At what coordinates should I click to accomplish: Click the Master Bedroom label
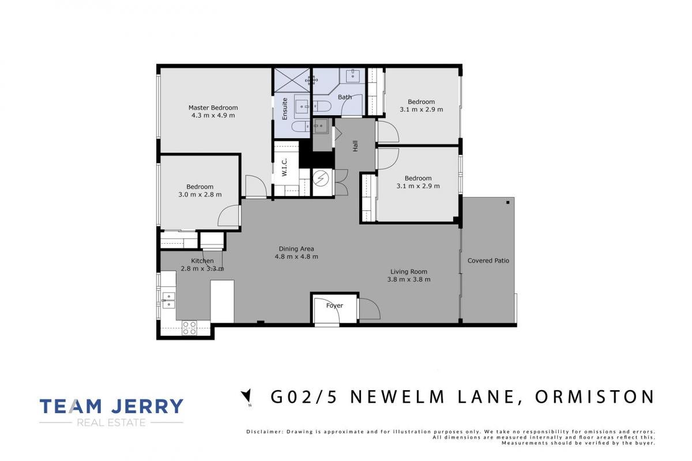[x=213, y=108]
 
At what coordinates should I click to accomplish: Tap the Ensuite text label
[x=284, y=109]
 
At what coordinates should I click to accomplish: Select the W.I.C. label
[x=284, y=167]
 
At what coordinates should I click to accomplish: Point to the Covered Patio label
[x=488, y=260]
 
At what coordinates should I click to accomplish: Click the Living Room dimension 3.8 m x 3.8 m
[x=409, y=279]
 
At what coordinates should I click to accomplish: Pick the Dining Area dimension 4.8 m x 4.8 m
[x=296, y=256]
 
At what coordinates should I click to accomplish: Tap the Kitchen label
[x=202, y=261]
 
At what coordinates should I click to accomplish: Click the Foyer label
[x=334, y=305]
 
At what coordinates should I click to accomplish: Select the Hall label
[x=355, y=146]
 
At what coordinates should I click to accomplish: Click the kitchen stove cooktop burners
[x=189, y=328]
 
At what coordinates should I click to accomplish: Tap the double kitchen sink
[x=168, y=300]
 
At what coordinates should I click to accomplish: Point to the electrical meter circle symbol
[x=321, y=179]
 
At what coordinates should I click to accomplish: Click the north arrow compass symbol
[x=247, y=396]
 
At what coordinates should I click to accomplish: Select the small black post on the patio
[x=508, y=203]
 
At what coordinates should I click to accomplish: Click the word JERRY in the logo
[x=148, y=406]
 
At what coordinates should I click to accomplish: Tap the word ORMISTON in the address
[x=595, y=397]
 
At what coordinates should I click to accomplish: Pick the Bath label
[x=344, y=97]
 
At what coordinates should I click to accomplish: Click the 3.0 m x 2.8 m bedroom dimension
[x=200, y=195]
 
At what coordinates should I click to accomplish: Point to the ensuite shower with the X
[x=292, y=80]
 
